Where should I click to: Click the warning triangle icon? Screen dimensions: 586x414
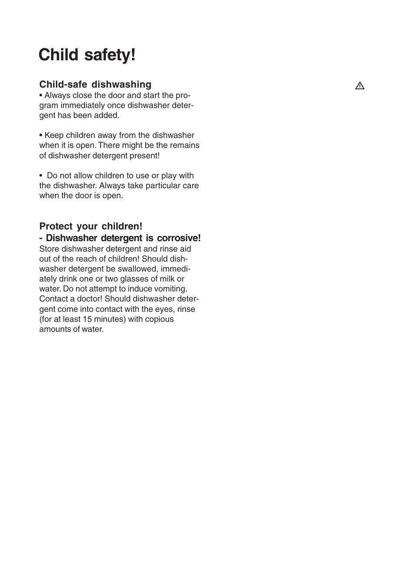(x=360, y=86)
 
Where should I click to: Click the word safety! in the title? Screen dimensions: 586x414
(x=110, y=55)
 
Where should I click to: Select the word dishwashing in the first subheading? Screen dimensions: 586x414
(x=121, y=85)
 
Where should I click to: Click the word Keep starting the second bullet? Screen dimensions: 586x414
(x=54, y=135)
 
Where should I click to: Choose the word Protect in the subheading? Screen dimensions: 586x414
(x=56, y=226)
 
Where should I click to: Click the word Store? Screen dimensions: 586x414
(x=49, y=249)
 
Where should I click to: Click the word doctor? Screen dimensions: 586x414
(x=89, y=299)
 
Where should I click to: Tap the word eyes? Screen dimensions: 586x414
(x=164, y=309)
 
